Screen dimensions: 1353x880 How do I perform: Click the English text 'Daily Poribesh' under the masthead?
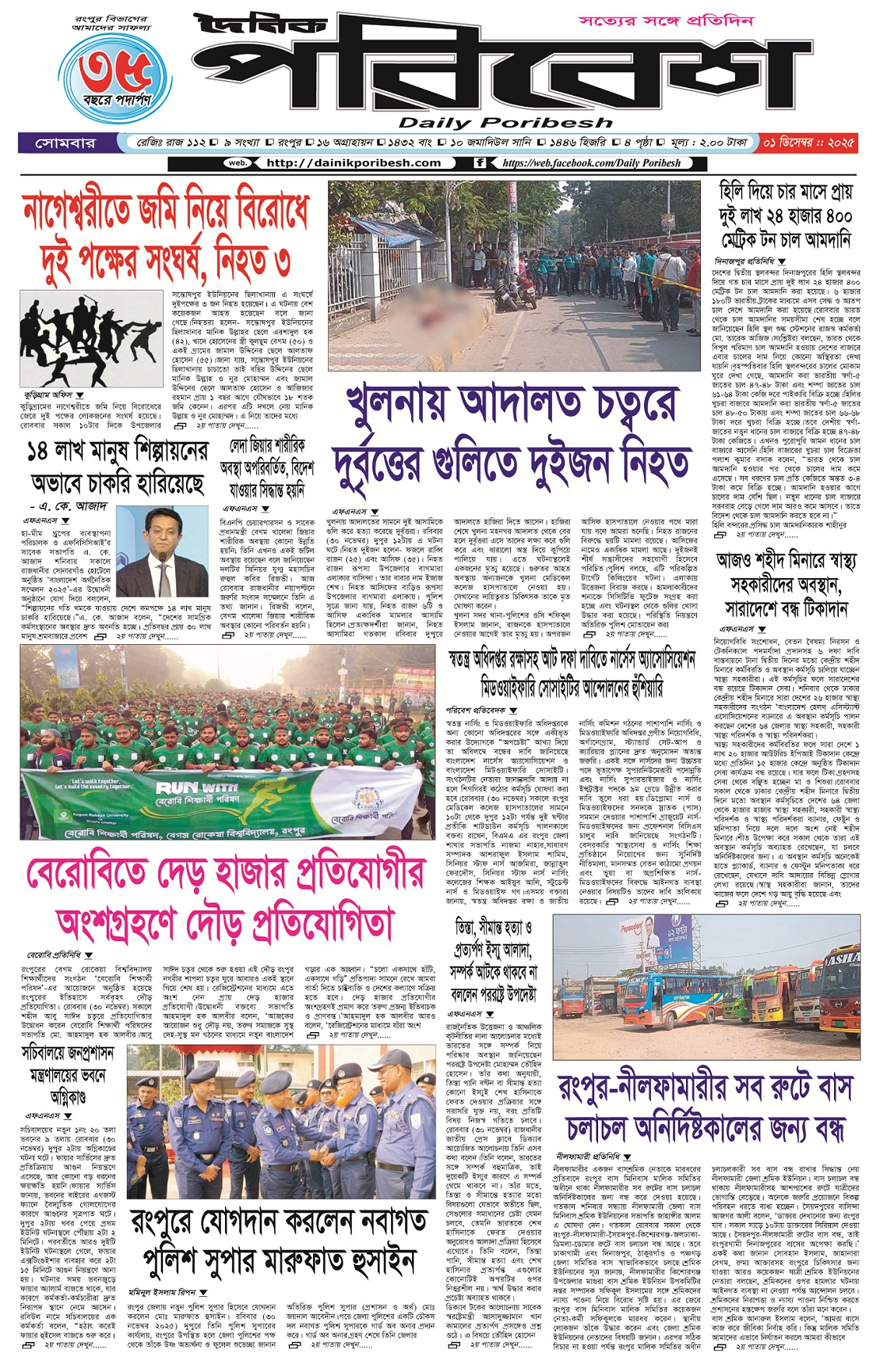pyautogui.click(x=505, y=123)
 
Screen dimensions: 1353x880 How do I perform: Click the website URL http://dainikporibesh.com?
pyautogui.click(x=353, y=163)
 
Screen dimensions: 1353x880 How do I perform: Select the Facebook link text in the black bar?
pyautogui.click(x=591, y=163)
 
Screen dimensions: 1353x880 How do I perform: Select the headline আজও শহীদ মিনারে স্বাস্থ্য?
pyautogui.click(x=786, y=584)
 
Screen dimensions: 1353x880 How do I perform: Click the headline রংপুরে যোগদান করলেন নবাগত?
pyautogui.click(x=279, y=1238)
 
